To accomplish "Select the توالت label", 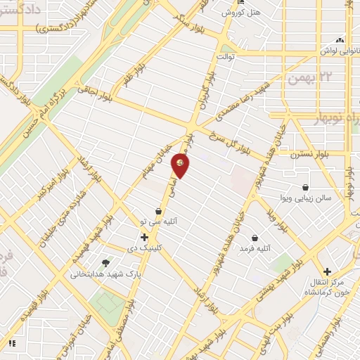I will coord(225,55).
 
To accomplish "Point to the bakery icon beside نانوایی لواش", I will coord(340,39).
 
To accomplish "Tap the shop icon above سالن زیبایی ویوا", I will coord(306,187).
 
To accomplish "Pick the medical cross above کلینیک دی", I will coord(143,237).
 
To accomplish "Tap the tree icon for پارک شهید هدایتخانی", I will coord(105,262).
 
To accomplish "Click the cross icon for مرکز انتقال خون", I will coord(326,271).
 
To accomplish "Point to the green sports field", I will coord(109,303).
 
